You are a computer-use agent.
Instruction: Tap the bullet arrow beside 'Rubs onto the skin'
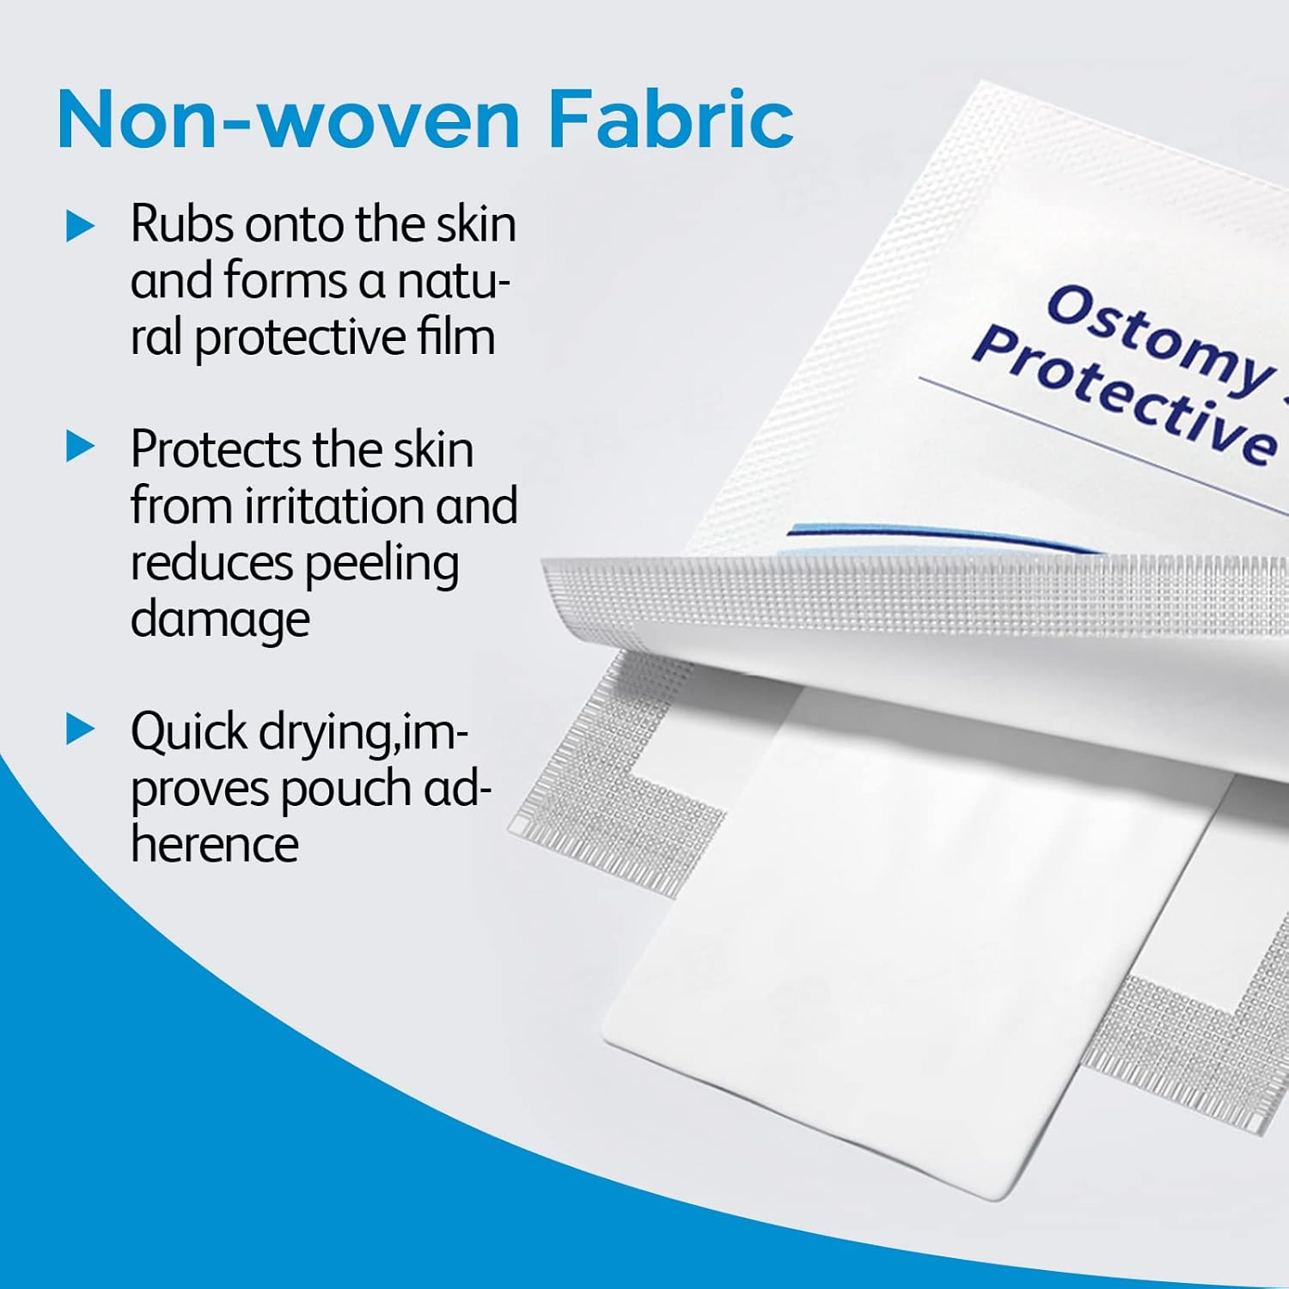(81, 227)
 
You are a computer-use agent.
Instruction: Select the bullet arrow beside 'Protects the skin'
(81, 447)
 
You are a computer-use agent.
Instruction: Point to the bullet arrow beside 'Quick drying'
(81, 730)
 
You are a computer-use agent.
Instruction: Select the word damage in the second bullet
(220, 620)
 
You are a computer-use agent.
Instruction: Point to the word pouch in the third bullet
(349, 789)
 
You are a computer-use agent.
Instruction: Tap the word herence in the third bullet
(215, 844)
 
